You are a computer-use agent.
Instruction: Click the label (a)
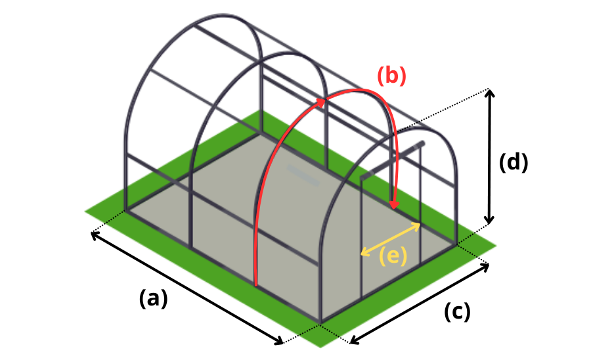[x=154, y=298]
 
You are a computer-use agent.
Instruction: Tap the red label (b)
[x=391, y=76]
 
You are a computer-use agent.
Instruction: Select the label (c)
[x=457, y=312]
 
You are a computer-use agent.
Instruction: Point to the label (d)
[x=514, y=162]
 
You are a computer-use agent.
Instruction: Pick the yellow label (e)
[x=393, y=256]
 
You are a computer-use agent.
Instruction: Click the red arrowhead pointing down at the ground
[x=394, y=204]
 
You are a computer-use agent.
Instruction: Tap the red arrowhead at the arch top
[x=320, y=102]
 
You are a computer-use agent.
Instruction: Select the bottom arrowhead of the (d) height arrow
[x=489, y=219]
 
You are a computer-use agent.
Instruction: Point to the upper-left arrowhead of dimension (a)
[x=96, y=235]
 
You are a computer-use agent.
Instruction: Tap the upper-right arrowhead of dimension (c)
[x=485, y=267]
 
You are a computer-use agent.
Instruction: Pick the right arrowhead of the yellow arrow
[x=416, y=225]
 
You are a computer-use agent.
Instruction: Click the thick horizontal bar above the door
[x=393, y=160]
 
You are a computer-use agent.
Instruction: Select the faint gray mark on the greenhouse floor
[x=303, y=175]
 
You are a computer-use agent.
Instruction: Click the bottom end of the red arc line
[x=256, y=285]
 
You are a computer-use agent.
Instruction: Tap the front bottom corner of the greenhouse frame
[x=320, y=323]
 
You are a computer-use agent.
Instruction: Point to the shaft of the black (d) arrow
[x=489, y=156]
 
